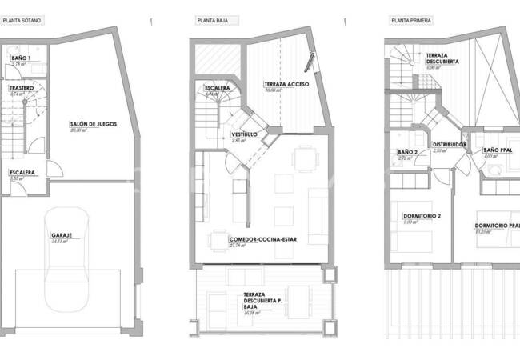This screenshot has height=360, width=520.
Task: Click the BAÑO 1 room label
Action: click(21, 58)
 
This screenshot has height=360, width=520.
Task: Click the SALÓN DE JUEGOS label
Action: click(94, 124)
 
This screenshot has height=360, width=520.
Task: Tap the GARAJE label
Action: click(62, 235)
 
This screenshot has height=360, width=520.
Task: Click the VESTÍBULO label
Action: click(244, 134)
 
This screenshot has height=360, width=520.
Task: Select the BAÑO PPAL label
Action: click(498, 150)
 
